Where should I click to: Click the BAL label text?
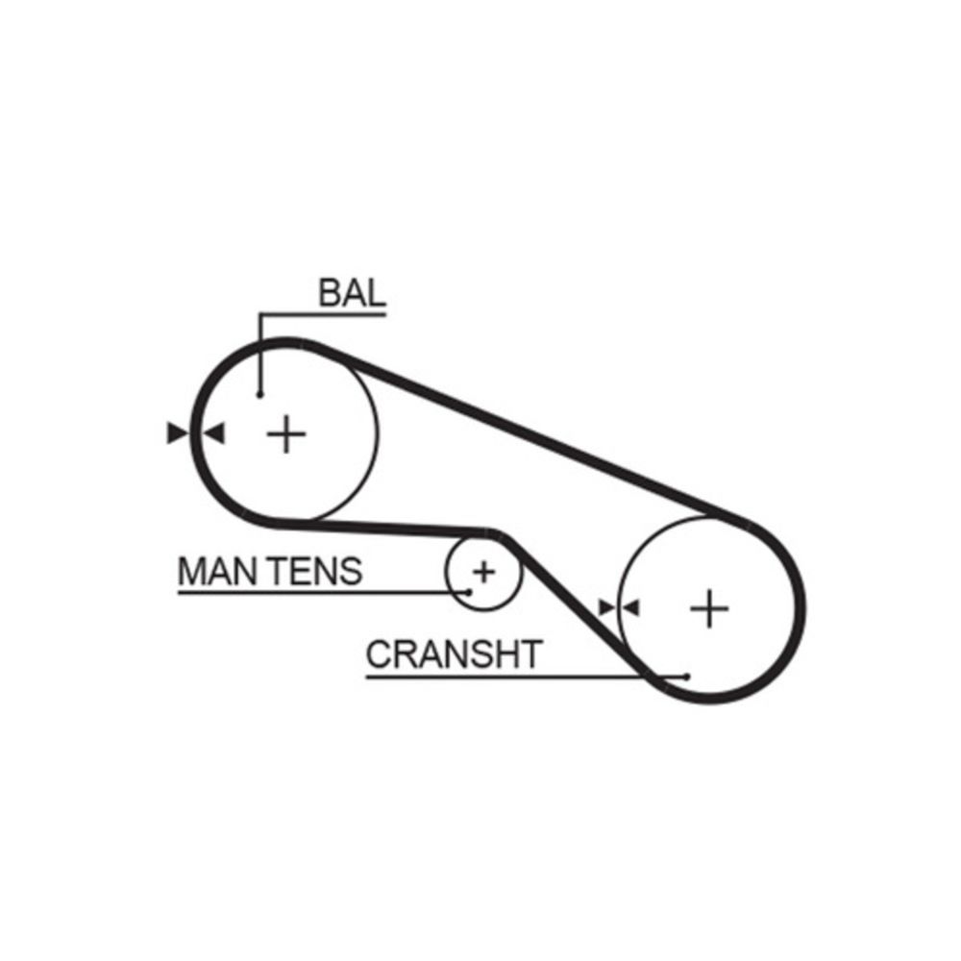click(352, 293)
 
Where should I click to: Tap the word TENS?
click(314, 572)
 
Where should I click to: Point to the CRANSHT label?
click(454, 654)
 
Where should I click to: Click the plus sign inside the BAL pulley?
click(286, 434)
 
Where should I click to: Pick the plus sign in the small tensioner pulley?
click(483, 573)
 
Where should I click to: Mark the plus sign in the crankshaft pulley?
click(709, 608)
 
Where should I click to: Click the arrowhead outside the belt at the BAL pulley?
click(177, 433)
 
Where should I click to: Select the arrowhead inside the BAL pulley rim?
click(213, 433)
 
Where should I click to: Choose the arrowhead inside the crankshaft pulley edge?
click(631, 607)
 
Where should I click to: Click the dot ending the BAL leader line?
click(259, 393)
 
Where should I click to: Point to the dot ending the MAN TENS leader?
click(469, 591)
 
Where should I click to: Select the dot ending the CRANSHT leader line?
click(687, 676)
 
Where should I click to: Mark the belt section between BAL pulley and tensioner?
click(384, 526)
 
